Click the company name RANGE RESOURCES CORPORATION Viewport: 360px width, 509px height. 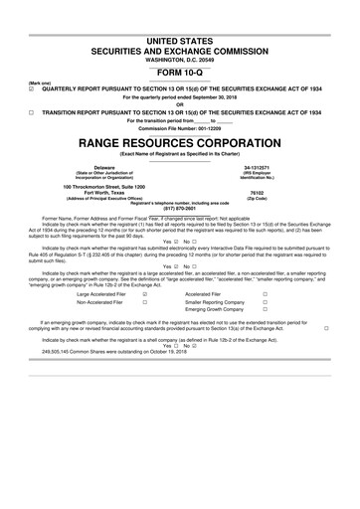pyautogui.click(x=180, y=144)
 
